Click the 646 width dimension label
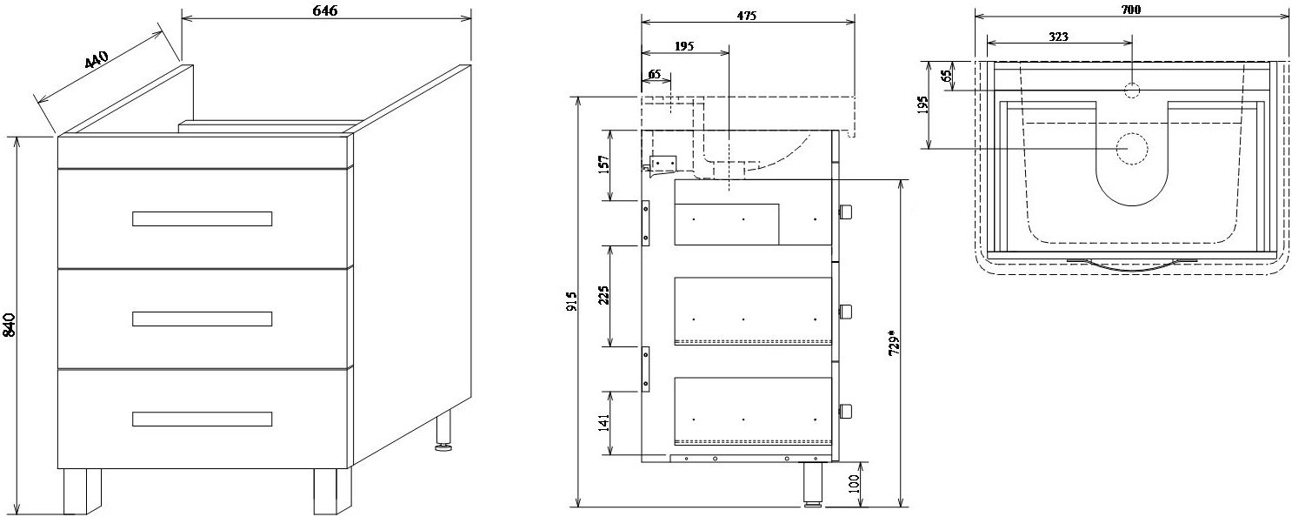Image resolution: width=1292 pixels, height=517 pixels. pos(324,10)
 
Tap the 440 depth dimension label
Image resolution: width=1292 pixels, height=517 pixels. pos(97,61)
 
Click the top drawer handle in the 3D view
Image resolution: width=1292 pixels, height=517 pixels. pos(202,218)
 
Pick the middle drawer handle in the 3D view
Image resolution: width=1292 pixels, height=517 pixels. pos(202,319)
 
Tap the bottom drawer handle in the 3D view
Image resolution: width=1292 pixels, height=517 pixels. pos(202,419)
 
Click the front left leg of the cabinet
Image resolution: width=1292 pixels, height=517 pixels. pos(82,492)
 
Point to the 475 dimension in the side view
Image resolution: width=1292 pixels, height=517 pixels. pos(746,17)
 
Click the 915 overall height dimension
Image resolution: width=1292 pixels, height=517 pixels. pos(571,300)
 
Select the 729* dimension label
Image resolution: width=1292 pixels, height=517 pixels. pos(893,341)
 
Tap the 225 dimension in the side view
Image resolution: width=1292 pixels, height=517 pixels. pos(604,294)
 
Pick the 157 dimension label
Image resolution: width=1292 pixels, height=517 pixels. pos(604,164)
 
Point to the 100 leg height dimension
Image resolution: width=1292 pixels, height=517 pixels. pos(855,484)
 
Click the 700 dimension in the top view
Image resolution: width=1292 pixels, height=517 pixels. pos(1130,10)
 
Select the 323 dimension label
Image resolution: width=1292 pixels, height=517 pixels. pos(1058,37)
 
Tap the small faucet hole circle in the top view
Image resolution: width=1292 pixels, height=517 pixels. pos(1132,89)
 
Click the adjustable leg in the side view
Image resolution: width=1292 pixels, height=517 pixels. pos(813,483)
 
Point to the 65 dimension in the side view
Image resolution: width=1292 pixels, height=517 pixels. pos(655,74)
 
